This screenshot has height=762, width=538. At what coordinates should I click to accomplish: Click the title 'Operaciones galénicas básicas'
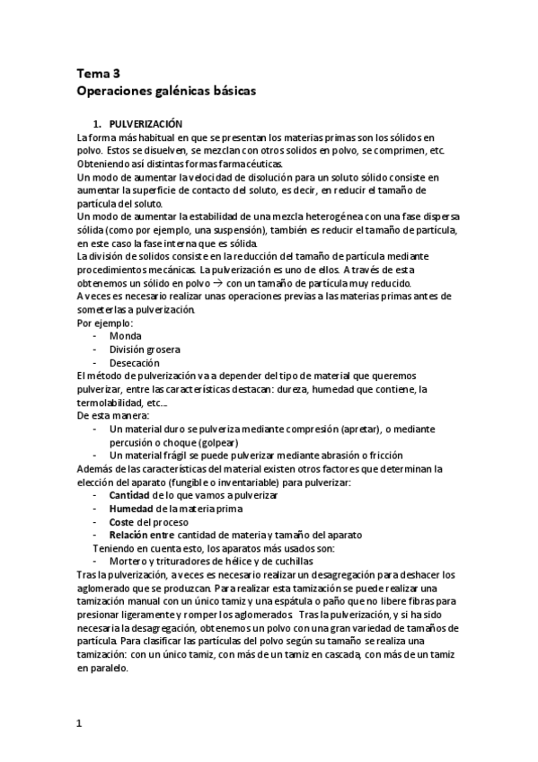(166, 92)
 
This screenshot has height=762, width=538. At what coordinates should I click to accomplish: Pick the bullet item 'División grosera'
(145, 349)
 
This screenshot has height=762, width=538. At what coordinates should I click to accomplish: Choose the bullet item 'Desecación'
(134, 362)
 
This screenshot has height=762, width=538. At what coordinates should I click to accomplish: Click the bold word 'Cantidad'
(129, 495)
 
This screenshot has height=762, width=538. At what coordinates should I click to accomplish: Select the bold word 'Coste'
(123, 522)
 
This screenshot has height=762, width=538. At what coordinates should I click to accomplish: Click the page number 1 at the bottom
(79, 722)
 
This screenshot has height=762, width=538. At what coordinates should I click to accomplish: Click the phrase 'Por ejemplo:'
(105, 322)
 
